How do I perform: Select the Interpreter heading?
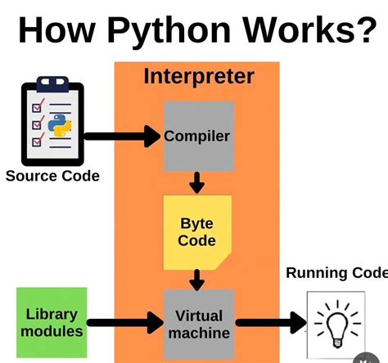(x=199, y=77)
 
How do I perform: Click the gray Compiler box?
(x=197, y=137)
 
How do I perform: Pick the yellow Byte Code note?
(x=197, y=232)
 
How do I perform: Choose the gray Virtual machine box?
(x=197, y=323)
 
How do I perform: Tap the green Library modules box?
(x=52, y=323)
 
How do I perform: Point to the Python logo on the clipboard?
(x=57, y=127)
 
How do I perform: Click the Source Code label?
(x=52, y=176)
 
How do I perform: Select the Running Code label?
(x=336, y=273)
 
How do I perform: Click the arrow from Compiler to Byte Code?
(x=196, y=182)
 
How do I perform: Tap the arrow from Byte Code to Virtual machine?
(x=196, y=279)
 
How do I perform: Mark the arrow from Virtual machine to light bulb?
(x=269, y=324)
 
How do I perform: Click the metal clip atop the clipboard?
(x=50, y=85)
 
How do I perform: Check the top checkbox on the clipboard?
(x=37, y=107)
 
